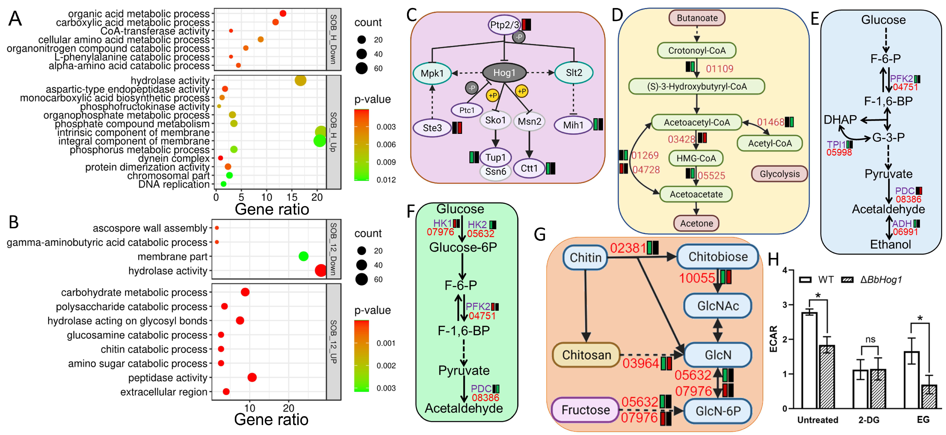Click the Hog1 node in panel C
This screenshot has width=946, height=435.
point(504,73)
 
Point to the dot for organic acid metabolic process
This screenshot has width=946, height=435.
point(283,14)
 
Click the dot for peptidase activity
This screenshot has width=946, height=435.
point(252,377)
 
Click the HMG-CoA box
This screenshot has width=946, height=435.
point(696,158)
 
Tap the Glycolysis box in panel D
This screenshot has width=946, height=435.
point(779,174)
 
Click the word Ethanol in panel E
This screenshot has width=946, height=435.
point(890,244)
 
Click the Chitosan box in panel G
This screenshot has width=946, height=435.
point(587,355)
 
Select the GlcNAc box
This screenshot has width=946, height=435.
point(718,306)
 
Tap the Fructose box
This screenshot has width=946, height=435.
point(585,410)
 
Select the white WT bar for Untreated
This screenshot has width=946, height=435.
point(809,360)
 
